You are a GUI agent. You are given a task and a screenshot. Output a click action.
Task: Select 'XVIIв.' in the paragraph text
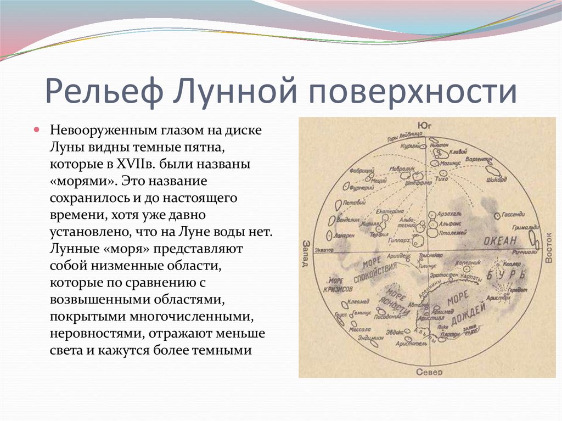[134, 164]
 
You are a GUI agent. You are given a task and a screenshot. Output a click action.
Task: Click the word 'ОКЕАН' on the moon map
[500, 240]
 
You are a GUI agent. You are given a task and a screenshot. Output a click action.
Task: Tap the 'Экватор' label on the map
[324, 250]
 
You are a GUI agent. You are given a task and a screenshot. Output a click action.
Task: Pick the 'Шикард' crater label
[496, 179]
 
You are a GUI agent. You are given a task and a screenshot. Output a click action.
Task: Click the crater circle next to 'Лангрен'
[329, 234]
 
